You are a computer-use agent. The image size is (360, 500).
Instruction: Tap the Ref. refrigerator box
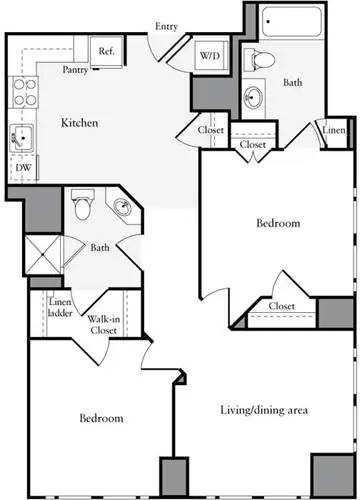(105, 49)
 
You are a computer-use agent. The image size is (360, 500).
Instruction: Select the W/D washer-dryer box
(210, 56)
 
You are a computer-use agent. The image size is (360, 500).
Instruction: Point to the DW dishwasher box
(22, 169)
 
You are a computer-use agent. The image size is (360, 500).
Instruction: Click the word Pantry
(74, 70)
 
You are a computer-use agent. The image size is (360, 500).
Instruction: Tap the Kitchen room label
(79, 123)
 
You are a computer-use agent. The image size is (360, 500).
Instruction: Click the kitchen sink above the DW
(21, 138)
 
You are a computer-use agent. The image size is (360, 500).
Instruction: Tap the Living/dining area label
(263, 410)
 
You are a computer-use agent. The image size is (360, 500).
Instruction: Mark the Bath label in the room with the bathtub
(292, 84)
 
